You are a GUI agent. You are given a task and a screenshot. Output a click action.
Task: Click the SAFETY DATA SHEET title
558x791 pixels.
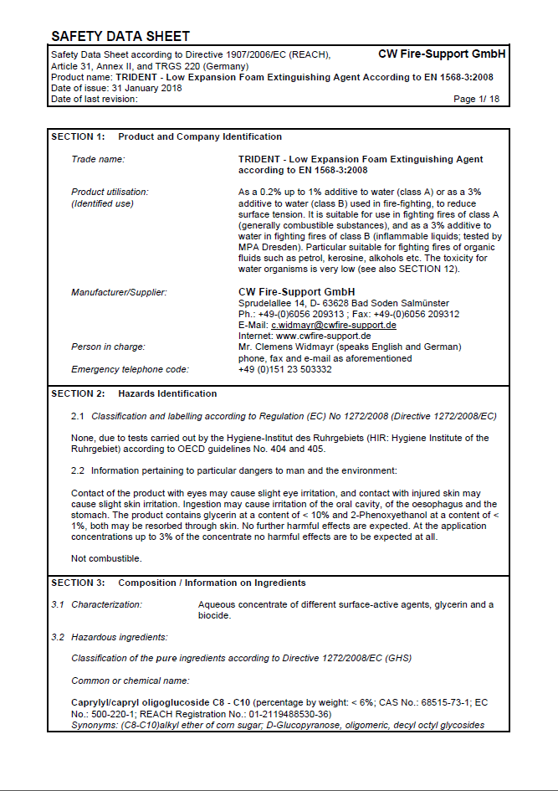[120, 36]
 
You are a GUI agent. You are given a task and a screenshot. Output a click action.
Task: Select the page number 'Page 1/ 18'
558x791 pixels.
[476, 99]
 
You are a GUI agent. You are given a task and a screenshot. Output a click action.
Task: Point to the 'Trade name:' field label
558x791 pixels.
[98, 159]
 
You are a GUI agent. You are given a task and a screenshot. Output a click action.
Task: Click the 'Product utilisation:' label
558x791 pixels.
[110, 192]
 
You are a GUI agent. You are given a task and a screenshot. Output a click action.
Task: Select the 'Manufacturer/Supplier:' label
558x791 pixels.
[119, 292]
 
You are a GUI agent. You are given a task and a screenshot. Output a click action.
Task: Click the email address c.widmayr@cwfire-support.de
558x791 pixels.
[333, 325]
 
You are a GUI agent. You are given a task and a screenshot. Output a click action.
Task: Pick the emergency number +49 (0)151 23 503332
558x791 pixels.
[284, 369]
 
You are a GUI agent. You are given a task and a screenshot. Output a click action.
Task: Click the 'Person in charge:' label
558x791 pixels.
[108, 347]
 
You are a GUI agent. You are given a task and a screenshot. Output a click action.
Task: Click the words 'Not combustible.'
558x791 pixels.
[106, 558]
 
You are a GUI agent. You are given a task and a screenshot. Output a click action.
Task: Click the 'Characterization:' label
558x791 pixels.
[106, 604]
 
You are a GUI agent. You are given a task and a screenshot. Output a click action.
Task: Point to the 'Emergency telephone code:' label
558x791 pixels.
[130, 369]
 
